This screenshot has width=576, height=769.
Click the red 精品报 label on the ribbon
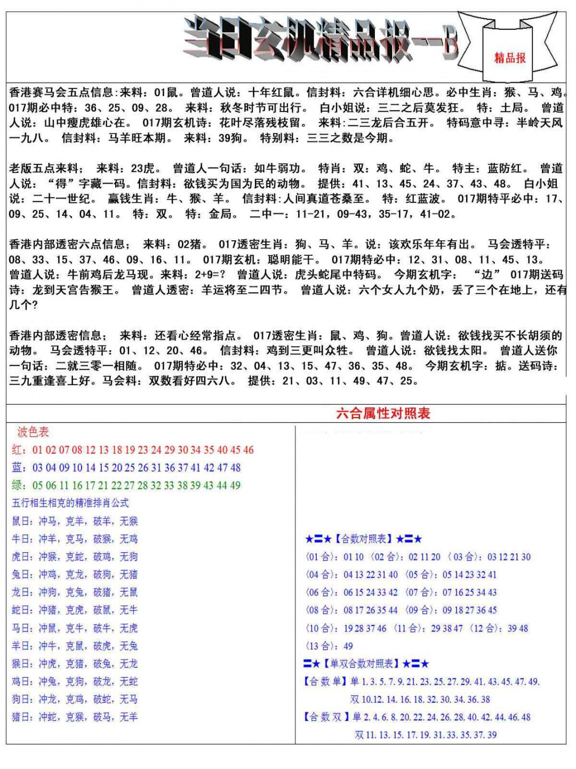(x=510, y=58)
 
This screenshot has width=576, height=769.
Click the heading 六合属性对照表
(x=383, y=413)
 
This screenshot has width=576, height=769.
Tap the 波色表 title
(x=33, y=431)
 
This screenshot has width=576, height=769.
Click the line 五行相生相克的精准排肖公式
(x=70, y=503)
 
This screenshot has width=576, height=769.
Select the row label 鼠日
(x=22, y=521)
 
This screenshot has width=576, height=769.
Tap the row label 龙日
(x=22, y=592)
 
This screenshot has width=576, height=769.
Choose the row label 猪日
(x=22, y=717)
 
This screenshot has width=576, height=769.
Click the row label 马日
(x=22, y=628)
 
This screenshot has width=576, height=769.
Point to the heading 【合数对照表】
(x=364, y=539)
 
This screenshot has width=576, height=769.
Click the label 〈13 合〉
(x=322, y=646)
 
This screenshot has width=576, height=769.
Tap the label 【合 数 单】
(x=325, y=682)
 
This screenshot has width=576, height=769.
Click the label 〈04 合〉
(x=322, y=575)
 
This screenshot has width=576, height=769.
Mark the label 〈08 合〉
(x=322, y=610)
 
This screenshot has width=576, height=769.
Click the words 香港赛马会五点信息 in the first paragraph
(x=61, y=92)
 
